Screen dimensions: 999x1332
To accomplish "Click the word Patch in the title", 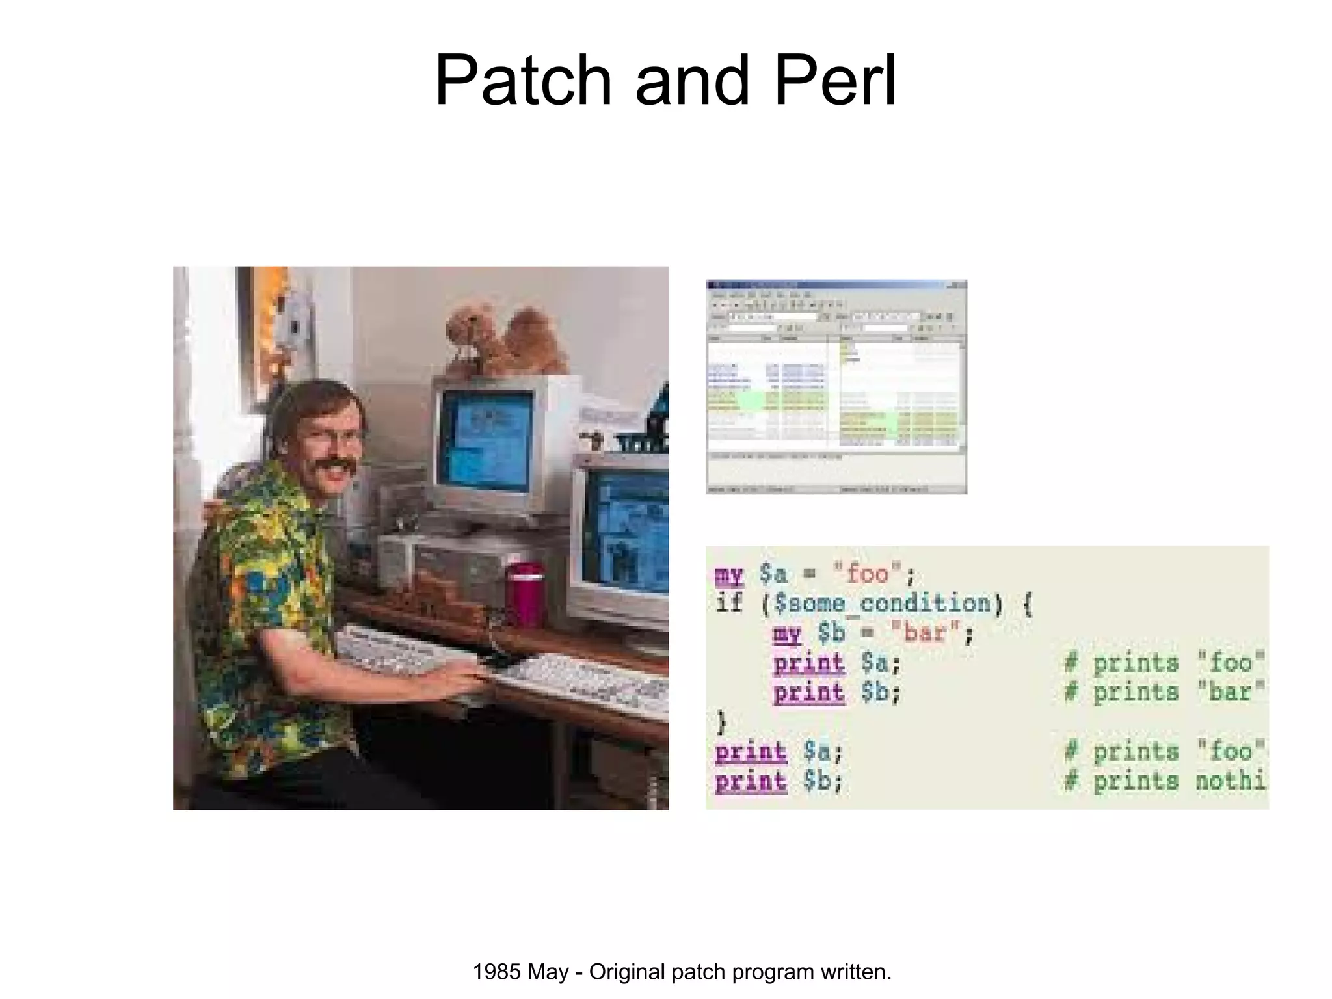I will [523, 81].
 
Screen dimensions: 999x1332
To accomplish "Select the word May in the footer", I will [548, 972].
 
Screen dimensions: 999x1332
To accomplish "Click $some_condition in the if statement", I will [883, 604].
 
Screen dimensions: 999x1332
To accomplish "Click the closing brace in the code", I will [721, 721].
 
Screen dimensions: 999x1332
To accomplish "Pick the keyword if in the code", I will [728, 604].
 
